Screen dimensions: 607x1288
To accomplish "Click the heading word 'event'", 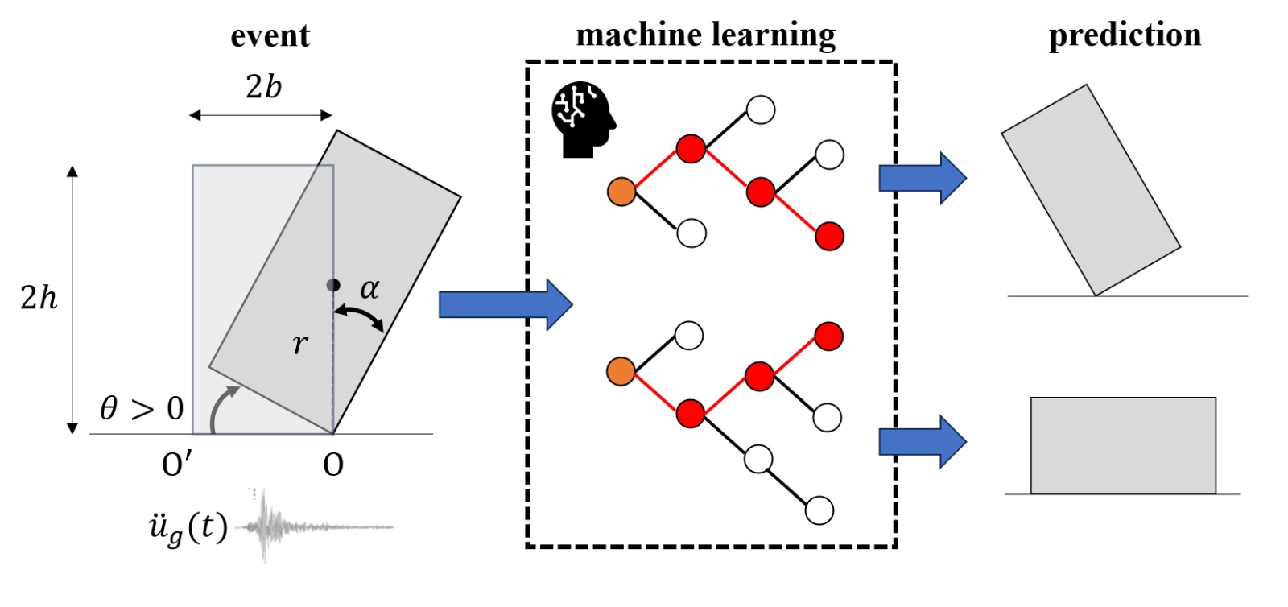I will [x=270, y=36].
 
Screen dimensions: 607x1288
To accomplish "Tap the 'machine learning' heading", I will [x=706, y=35].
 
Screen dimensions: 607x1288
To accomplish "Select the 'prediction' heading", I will [x=1125, y=35].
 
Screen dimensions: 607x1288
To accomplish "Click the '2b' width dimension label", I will [x=263, y=87].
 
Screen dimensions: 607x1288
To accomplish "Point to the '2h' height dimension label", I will [x=39, y=298].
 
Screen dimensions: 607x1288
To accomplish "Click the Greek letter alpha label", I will [x=369, y=288].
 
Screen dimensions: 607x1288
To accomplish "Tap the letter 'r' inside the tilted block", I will [x=299, y=344].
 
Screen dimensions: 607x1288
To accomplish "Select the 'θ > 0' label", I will [x=142, y=409].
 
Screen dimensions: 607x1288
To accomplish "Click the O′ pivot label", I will [x=177, y=465].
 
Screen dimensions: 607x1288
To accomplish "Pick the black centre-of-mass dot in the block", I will [x=332, y=285].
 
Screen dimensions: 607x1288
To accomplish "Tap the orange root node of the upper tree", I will [x=621, y=192].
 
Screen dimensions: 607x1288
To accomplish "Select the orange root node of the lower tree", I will [x=621, y=372].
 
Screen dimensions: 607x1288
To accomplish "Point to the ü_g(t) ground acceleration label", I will [x=188, y=529].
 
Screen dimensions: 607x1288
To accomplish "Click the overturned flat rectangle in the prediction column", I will [x=1123, y=445].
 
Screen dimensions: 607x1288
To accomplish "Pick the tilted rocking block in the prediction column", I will [x=1091, y=189].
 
